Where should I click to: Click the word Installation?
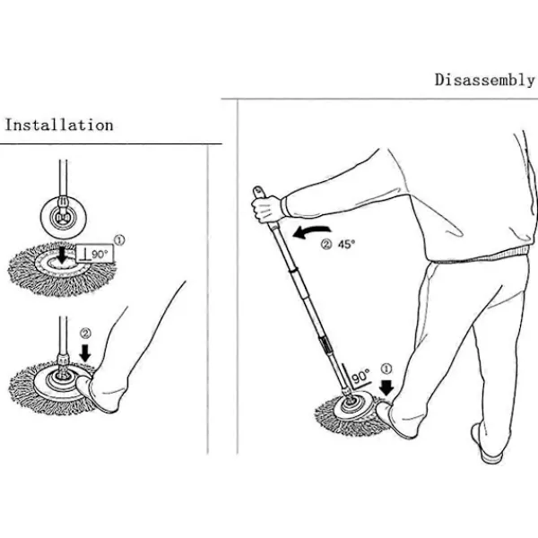click(59, 125)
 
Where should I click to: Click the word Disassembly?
click(484, 81)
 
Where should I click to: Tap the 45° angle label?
click(346, 244)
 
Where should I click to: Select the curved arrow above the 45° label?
click(310, 231)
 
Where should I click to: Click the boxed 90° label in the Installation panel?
click(95, 254)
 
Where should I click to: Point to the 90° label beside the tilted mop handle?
click(360, 377)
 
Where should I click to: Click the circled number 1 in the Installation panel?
click(119, 240)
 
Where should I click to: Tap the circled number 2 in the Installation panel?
click(85, 334)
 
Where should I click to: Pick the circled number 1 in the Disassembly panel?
click(386, 369)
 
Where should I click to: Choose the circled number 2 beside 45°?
click(326, 245)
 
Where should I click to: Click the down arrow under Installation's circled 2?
click(85, 352)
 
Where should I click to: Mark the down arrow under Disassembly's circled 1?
click(386, 387)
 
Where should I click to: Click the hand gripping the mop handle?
click(267, 207)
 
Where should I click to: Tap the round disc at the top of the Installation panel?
click(64, 218)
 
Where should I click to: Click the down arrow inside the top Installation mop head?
click(62, 255)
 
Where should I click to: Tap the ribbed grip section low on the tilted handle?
click(325, 343)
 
